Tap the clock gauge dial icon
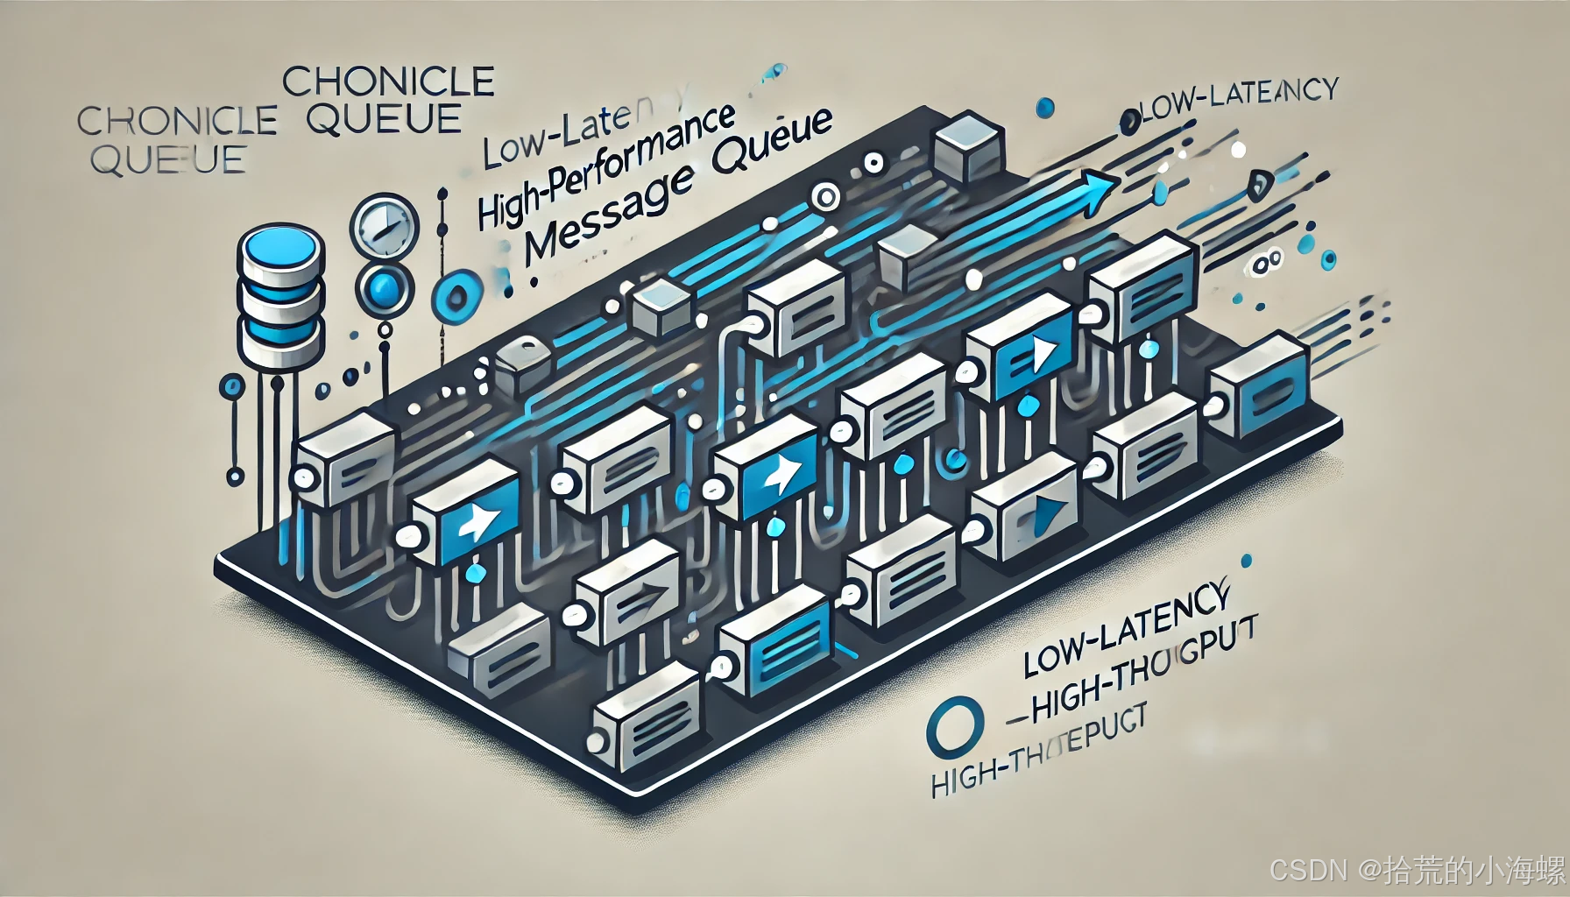pyautogui.click(x=383, y=226)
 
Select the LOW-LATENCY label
pyautogui.click(x=1126, y=626)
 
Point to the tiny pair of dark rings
pyautogui.click(x=1267, y=261)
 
